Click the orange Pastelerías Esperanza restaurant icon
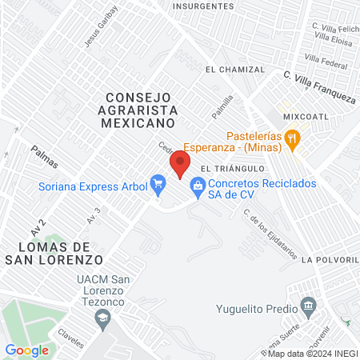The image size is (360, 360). [x=294, y=138]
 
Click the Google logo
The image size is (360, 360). [x=27, y=350]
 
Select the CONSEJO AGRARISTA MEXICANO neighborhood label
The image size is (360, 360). [x=138, y=110]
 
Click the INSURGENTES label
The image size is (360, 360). [x=203, y=6]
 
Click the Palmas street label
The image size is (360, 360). [x=45, y=157]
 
